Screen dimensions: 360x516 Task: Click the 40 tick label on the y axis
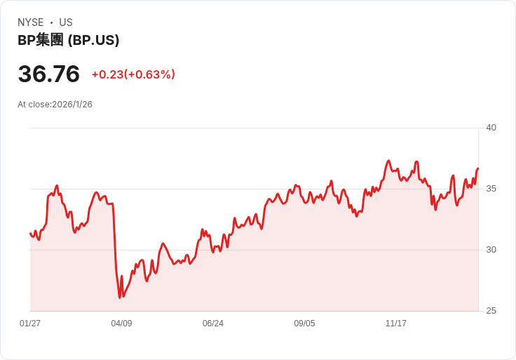click(491, 128)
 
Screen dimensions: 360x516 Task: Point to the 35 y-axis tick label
click(491, 189)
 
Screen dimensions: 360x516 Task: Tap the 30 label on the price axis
click(491, 250)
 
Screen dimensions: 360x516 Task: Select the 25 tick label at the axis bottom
click(491, 311)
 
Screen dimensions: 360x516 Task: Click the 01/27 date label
click(30, 324)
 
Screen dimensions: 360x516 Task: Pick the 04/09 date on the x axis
click(121, 324)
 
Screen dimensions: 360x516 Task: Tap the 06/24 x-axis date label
click(213, 324)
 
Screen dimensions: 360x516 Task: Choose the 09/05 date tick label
click(304, 324)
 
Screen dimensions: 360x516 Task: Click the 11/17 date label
click(396, 324)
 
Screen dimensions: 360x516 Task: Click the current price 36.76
click(49, 74)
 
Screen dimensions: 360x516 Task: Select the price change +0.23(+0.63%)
click(133, 74)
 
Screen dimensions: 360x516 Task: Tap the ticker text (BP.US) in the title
click(93, 40)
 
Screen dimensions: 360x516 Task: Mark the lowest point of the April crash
click(120, 298)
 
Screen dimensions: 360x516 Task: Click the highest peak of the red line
click(388, 161)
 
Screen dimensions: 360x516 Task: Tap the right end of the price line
click(477, 168)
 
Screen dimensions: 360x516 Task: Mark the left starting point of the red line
click(31, 233)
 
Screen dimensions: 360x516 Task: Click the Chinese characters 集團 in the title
click(50, 40)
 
